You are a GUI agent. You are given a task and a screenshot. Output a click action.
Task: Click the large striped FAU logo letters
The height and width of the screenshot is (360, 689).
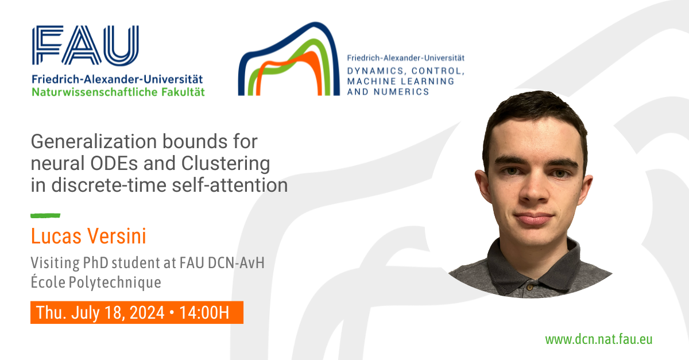86,45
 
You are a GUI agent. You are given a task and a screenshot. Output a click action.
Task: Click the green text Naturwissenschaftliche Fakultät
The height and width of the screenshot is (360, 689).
118,92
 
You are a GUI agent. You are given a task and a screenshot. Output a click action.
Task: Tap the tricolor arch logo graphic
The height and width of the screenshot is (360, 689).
289,59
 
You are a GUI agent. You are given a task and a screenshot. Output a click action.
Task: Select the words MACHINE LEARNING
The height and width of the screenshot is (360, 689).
401,81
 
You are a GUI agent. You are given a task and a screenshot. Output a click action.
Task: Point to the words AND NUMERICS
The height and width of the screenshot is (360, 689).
388,92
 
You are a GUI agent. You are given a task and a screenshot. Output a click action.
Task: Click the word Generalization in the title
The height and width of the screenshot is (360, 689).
94,142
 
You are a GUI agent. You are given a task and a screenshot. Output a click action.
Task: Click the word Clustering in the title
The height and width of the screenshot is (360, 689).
226,164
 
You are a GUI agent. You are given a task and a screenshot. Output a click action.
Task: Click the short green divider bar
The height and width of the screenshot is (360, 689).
45,216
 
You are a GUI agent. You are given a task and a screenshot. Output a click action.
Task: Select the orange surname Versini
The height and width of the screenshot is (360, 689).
117,237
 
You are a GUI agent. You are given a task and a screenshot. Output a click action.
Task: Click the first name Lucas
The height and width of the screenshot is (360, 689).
56,237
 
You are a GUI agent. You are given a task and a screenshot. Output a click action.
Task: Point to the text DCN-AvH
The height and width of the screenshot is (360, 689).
236,263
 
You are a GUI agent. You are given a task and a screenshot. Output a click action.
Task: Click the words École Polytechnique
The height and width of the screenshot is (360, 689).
96,282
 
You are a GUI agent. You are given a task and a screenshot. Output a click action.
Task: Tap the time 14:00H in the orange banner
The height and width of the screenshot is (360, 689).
204,312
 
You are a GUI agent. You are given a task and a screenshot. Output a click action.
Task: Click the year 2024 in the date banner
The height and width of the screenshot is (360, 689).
147,312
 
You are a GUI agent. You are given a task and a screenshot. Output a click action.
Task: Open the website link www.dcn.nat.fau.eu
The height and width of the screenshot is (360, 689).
598,339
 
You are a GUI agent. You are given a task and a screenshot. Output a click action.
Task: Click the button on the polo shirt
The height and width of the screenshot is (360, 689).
529,288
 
